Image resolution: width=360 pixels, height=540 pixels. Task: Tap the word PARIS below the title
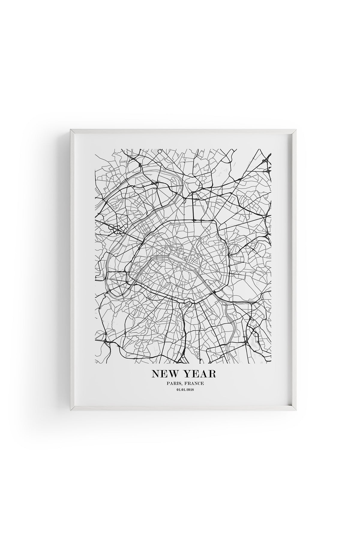coord(172,383)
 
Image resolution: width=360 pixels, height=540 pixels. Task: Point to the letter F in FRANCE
coord(184,383)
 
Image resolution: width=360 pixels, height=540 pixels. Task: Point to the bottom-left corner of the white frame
coord(71,410)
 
